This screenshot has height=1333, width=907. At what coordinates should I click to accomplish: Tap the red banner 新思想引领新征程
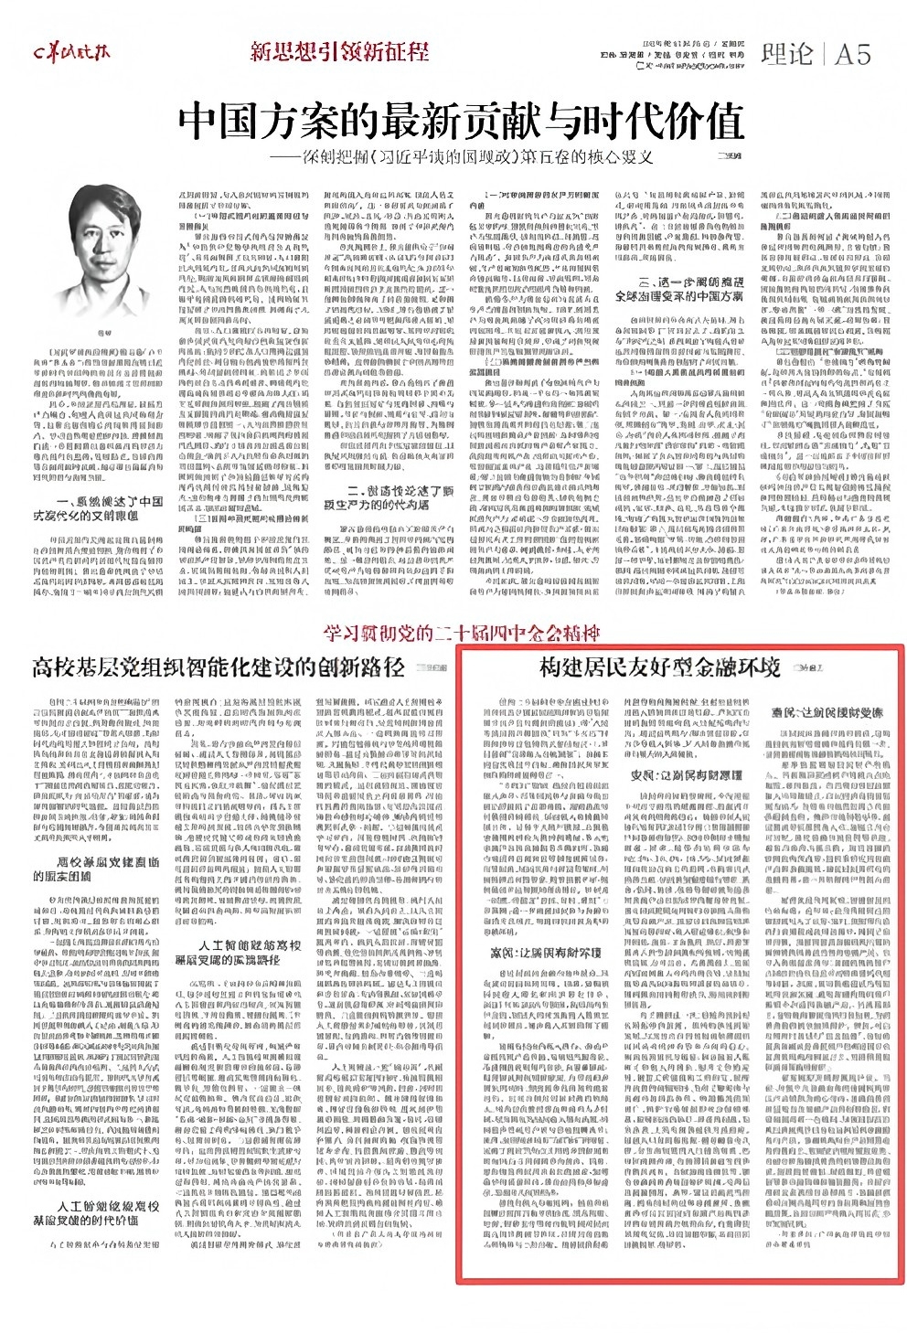[339, 52]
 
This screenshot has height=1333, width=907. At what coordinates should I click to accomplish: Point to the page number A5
[852, 54]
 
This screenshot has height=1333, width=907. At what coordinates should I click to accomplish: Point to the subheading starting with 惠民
[815, 709]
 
